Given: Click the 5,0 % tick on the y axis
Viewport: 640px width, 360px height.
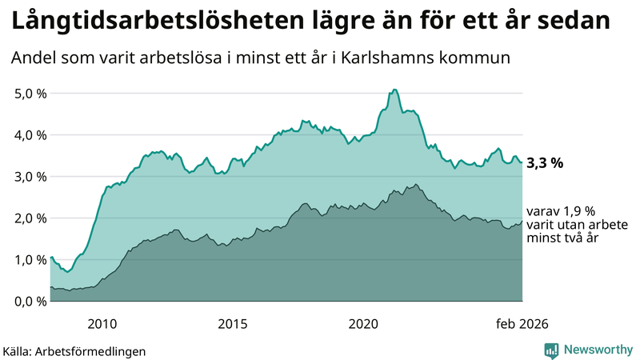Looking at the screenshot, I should click(30, 94).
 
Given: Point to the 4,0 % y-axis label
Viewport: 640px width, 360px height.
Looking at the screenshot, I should click(30, 135).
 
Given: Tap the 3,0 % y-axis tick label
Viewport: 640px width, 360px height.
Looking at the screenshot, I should click(30, 177).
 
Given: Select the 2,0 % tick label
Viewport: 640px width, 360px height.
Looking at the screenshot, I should click(30, 218).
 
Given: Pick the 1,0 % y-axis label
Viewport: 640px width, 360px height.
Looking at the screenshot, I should click(30, 260).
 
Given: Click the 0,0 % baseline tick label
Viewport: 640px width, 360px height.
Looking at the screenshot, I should click(30, 302).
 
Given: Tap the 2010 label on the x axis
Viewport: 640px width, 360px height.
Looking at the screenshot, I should click(102, 323).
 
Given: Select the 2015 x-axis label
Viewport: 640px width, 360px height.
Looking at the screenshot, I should click(233, 323).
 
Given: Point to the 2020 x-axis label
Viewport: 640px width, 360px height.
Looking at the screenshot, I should click(363, 323).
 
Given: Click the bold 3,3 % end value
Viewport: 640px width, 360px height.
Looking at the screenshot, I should click(546, 163).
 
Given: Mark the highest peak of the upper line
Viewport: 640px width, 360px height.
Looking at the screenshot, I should click(395, 90).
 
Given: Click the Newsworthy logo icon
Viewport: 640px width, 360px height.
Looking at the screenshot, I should click(552, 350).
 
